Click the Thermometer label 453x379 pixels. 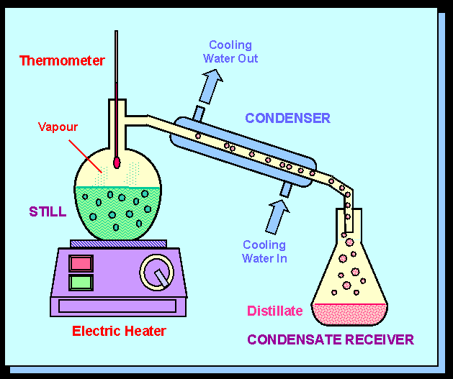[62, 60]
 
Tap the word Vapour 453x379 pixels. [58, 127]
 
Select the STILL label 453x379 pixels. [48, 211]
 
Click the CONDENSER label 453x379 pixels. [287, 118]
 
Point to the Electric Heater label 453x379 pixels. [119, 332]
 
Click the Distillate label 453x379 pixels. [275, 311]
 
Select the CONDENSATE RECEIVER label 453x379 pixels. [331, 339]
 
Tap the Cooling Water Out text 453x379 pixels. [230, 52]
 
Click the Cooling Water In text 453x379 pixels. [264, 252]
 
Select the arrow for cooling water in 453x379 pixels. [277, 214]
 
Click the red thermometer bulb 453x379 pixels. [117, 163]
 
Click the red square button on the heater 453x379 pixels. [81, 262]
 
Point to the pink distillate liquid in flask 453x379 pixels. [349, 313]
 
